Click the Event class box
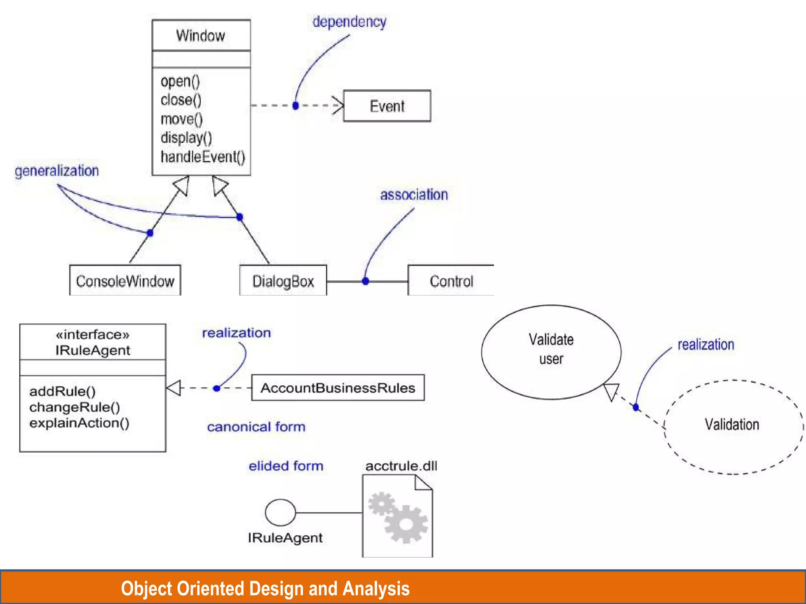(x=387, y=106)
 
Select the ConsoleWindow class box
(x=125, y=281)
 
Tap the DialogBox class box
(x=283, y=281)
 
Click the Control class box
(x=451, y=281)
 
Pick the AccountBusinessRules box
(x=338, y=388)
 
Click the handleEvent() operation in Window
(x=203, y=157)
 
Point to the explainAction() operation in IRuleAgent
(x=79, y=423)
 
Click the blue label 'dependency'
(x=349, y=22)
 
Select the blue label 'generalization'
(x=57, y=171)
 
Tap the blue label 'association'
(x=414, y=195)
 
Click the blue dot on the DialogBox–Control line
(x=365, y=281)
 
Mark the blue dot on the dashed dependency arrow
(x=296, y=105)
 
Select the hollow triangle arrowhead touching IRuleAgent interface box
(x=174, y=388)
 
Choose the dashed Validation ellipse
(x=733, y=427)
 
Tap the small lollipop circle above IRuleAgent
(x=280, y=512)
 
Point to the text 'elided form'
(x=286, y=466)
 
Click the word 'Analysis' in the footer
(x=376, y=589)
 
